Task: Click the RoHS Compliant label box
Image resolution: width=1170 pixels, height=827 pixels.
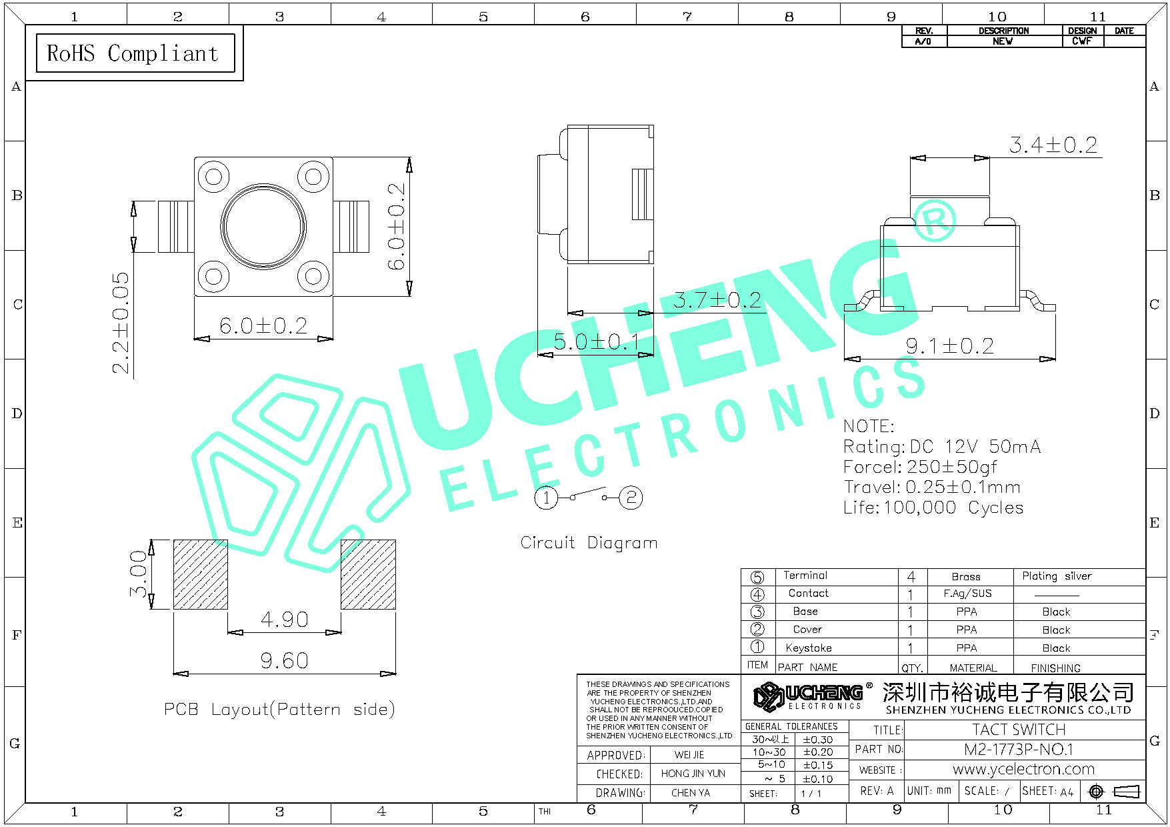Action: tap(135, 53)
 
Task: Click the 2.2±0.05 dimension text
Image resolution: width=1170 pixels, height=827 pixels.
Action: tap(121, 323)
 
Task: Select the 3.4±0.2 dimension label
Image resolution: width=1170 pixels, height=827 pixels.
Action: tap(1053, 145)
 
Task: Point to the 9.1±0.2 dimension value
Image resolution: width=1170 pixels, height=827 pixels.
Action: tap(949, 345)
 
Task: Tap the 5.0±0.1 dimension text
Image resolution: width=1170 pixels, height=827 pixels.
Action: tap(597, 342)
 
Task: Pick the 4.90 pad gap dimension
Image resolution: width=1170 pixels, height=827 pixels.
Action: tap(285, 620)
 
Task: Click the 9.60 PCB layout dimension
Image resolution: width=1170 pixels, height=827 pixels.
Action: tap(285, 661)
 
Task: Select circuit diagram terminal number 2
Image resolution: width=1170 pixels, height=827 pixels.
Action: tap(631, 498)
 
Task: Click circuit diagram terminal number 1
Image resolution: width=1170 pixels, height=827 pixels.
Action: tap(546, 498)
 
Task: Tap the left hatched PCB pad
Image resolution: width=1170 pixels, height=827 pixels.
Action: tap(201, 574)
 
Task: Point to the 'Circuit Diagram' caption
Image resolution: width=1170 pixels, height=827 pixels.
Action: tap(589, 543)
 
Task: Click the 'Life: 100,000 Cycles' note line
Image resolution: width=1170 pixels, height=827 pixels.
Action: tap(933, 508)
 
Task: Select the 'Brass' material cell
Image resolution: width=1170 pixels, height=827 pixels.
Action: tap(966, 577)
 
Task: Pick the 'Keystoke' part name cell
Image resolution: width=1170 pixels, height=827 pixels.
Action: tap(809, 648)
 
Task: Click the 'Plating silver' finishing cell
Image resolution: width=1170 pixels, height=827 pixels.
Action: tap(1057, 576)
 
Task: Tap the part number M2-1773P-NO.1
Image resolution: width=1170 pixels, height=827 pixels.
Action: tap(1019, 750)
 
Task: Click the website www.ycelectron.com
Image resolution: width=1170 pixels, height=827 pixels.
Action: tap(1023, 769)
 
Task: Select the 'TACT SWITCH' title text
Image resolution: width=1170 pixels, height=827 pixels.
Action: tap(1019, 730)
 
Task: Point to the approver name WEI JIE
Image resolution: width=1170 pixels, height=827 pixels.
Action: tap(689, 755)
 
